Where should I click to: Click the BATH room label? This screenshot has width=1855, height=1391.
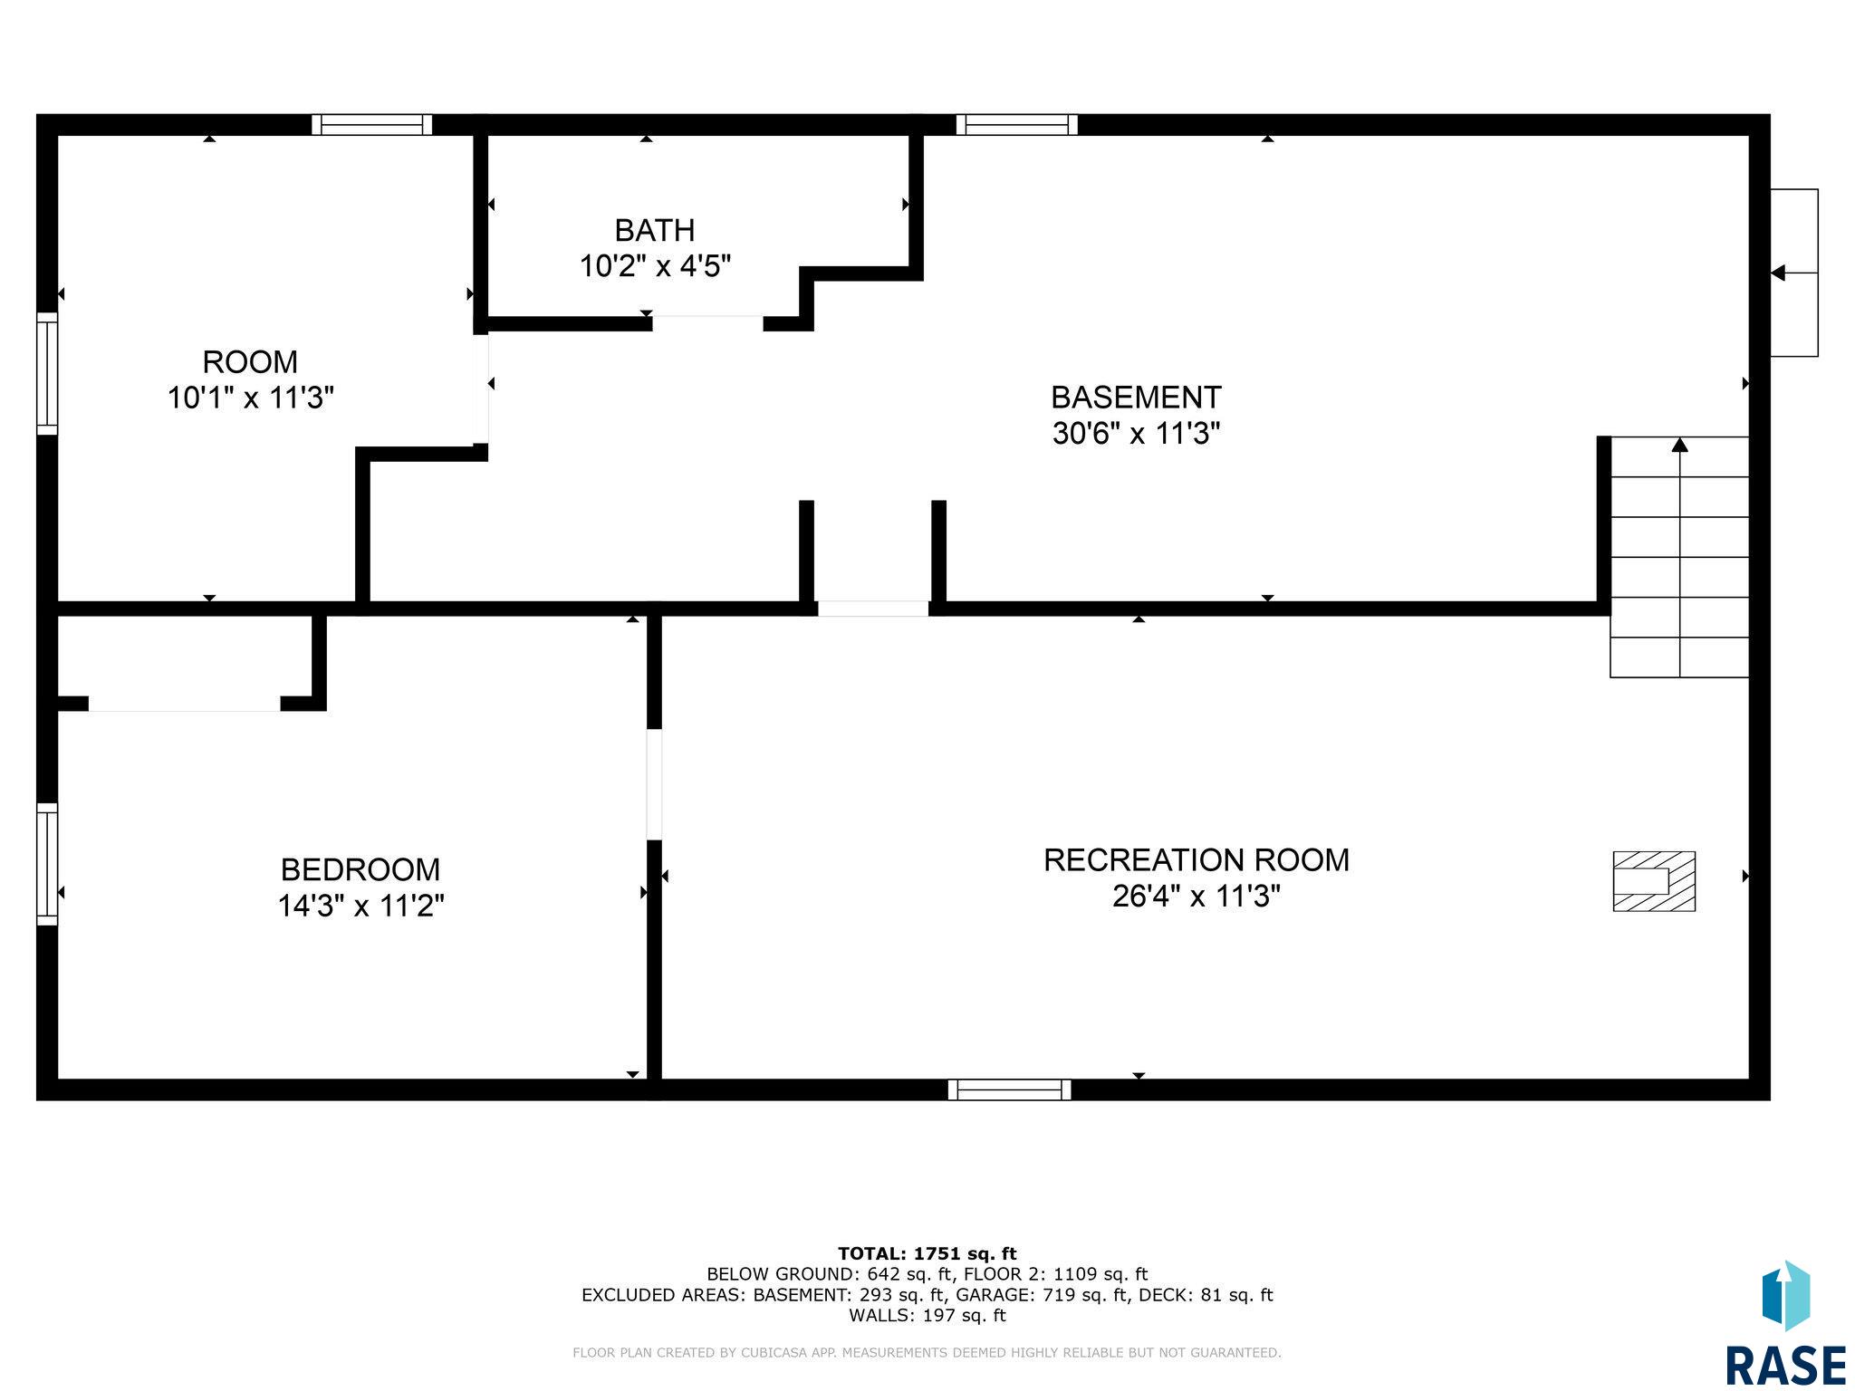click(x=655, y=230)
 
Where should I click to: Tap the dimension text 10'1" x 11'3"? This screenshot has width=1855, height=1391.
click(x=251, y=398)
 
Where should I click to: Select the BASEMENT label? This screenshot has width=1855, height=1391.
click(x=1136, y=397)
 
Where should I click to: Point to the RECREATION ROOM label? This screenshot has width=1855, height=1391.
click(x=1197, y=859)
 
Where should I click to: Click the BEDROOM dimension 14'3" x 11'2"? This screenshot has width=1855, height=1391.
click(x=360, y=906)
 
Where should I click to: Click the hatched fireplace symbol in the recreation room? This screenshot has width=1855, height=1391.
click(x=1654, y=881)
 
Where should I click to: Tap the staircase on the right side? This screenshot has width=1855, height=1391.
click(x=1679, y=557)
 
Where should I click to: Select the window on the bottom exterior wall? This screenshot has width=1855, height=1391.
click(x=1009, y=1089)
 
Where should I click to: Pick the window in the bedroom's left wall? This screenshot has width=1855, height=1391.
click(x=47, y=864)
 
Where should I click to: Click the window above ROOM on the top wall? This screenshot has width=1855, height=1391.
click(x=372, y=125)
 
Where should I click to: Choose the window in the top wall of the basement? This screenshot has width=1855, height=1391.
click(x=1017, y=125)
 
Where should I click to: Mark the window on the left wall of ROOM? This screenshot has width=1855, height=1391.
click(x=47, y=373)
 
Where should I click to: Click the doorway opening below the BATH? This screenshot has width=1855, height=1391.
click(x=707, y=323)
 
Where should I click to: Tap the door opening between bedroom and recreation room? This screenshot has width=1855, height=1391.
click(x=654, y=784)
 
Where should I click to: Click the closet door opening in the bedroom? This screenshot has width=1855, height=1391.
click(x=184, y=704)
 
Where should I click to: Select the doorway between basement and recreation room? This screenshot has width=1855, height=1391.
click(x=873, y=609)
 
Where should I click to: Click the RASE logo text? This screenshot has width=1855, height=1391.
click(x=1785, y=1365)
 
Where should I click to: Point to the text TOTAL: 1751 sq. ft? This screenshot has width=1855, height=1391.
click(x=927, y=1253)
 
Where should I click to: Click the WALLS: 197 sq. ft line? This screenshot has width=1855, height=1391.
click(x=927, y=1315)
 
